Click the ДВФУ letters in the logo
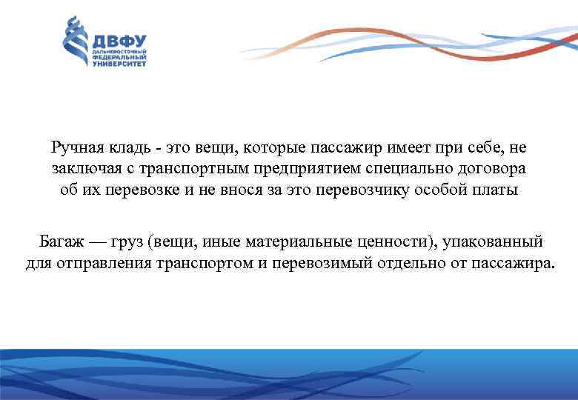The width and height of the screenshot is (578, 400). coord(119,41)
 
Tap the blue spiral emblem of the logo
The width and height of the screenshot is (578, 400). coord(77,43)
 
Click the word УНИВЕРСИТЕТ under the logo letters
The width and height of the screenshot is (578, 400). coord(119,64)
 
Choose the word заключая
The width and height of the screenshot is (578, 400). coord(81,169)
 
